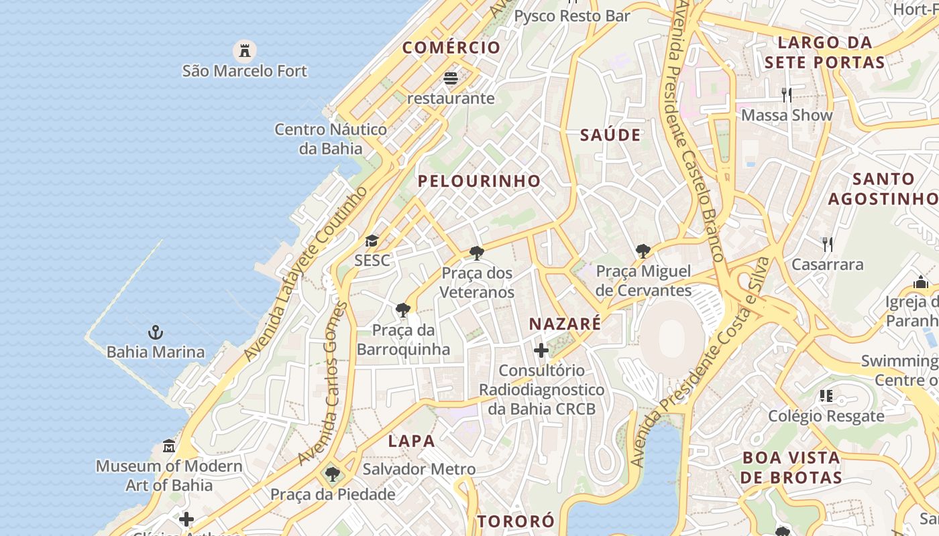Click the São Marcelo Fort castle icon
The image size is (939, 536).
coord(245,50)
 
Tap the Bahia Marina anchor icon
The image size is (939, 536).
coord(156,332)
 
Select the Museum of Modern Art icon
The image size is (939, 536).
coord(169,446)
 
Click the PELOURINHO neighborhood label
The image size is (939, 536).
coord(479,181)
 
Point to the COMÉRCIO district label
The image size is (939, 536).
coord(451,48)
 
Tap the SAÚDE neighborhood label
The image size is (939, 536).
coord(610,135)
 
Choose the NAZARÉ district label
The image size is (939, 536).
coord(565,324)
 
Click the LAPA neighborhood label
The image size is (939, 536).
coord(412,442)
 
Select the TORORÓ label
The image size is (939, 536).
coord(516,521)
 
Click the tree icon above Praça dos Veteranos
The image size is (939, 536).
coord(477,253)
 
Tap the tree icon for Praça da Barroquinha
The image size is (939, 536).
coord(403,310)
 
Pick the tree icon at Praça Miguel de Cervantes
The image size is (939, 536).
coord(643,251)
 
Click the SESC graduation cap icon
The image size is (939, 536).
coord(372,241)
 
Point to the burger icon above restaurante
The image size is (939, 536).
coord(451,78)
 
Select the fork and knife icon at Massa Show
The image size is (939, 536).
coord(787,94)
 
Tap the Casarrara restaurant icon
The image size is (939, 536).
coord(828,244)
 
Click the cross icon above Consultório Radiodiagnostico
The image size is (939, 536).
coord(541,350)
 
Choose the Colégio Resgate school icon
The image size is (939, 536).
coord(826,396)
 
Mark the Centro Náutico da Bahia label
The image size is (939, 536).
coord(331,139)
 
